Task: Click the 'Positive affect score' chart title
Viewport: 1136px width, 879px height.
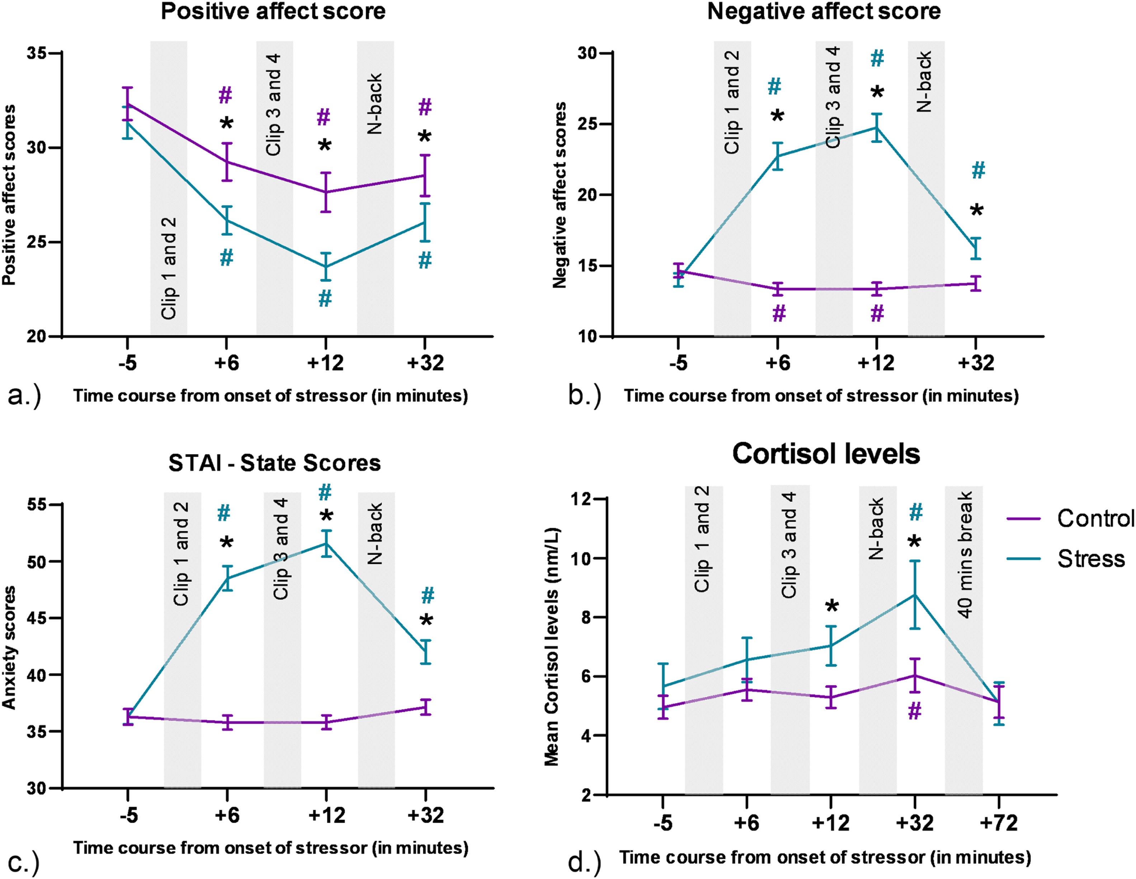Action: tap(273, 11)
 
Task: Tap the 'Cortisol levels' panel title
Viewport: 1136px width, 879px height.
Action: tap(826, 454)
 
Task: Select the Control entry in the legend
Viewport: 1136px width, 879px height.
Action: tap(1095, 518)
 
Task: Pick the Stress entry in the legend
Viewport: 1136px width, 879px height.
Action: tap(1091, 559)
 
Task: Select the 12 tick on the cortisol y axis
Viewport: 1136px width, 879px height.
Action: tap(581, 499)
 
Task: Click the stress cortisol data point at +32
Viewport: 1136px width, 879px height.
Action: tap(914, 595)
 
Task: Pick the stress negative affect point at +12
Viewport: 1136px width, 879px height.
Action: tap(877, 127)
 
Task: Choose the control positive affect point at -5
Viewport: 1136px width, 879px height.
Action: tap(127, 104)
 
